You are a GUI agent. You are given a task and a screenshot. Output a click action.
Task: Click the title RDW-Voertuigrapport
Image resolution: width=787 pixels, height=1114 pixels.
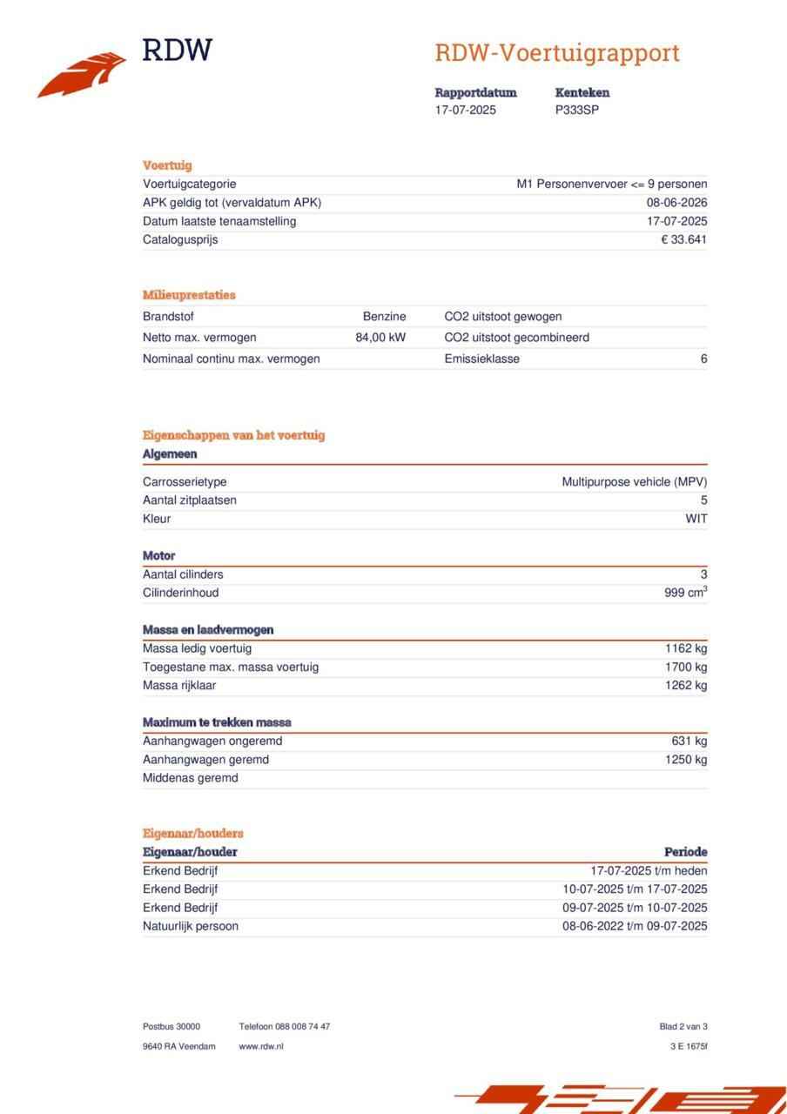coord(556,54)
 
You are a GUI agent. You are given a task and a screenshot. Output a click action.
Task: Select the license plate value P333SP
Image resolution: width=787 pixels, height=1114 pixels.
coord(577,111)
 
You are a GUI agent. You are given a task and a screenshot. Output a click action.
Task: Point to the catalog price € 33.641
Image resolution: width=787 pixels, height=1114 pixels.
coord(684,240)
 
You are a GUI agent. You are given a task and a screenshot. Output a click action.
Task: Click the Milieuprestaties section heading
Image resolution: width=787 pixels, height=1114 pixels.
coord(189,295)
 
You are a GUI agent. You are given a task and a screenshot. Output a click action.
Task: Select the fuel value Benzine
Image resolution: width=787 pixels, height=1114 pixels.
coord(384,317)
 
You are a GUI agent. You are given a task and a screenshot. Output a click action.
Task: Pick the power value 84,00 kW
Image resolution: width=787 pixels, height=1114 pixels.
coord(380,338)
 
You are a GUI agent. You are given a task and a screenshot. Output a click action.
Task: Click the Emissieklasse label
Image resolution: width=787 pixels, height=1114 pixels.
coord(481,359)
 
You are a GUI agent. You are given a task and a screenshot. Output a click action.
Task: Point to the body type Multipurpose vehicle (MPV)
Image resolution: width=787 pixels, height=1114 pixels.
coord(635,482)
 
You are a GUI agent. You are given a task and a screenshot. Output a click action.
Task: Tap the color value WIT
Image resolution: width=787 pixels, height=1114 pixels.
coord(696,519)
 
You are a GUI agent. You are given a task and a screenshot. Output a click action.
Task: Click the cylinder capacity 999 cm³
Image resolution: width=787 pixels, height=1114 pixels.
coord(685,593)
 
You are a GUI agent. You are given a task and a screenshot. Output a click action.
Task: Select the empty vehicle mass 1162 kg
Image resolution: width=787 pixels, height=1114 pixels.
coord(686,648)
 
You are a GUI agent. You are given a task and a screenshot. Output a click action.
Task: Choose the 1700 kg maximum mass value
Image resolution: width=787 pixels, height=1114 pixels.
coord(686,668)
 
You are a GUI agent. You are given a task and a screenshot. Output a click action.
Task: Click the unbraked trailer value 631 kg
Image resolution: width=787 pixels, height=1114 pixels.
coord(689,742)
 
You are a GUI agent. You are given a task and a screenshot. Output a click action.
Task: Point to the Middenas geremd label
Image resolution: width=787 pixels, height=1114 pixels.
coord(190,778)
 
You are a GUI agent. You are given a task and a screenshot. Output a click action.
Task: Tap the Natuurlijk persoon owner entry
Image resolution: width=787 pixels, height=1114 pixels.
coord(191,926)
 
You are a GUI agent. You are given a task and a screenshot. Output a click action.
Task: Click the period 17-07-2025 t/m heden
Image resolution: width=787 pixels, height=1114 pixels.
coord(649,870)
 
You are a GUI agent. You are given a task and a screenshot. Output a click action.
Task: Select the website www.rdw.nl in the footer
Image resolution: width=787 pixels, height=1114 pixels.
coord(261,1046)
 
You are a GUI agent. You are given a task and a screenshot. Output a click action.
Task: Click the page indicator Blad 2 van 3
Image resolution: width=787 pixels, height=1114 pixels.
coord(683,1027)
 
